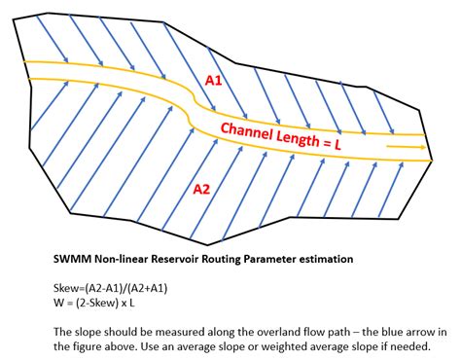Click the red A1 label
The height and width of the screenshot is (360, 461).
click(215, 82)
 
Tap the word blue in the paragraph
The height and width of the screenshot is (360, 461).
click(377, 332)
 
